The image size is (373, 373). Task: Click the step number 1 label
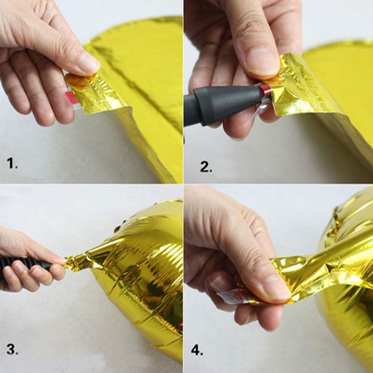12,163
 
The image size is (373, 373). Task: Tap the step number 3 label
12,349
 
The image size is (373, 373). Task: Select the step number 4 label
197,350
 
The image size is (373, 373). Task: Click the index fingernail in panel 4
219,283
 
